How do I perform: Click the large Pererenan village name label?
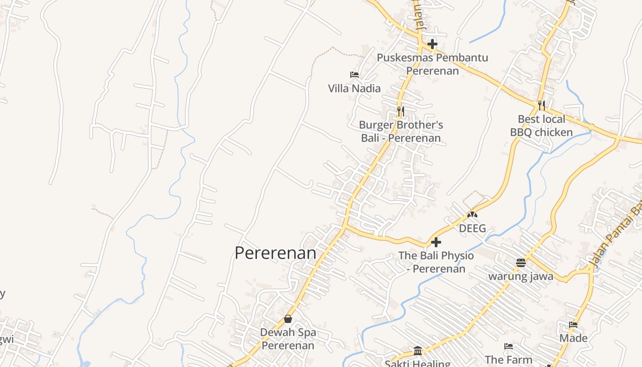275,253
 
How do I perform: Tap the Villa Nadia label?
354,88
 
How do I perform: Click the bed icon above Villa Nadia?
354,74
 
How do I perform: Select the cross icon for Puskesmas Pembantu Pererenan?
432,44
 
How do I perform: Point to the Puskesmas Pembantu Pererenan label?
432,64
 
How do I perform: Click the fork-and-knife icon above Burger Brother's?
400,111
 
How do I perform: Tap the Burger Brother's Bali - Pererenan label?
401,131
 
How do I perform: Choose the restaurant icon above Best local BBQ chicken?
542,106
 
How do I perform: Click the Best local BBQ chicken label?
542,126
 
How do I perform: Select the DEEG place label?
472,228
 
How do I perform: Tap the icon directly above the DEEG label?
472,214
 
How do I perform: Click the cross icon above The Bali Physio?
436,242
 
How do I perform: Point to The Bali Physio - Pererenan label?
436,262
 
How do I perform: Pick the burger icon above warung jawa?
520,263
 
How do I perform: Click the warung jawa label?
520,276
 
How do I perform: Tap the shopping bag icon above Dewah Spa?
288,318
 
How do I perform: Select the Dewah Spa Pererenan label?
288,339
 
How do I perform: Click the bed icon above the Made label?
573,325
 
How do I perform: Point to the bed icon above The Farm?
508,346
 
